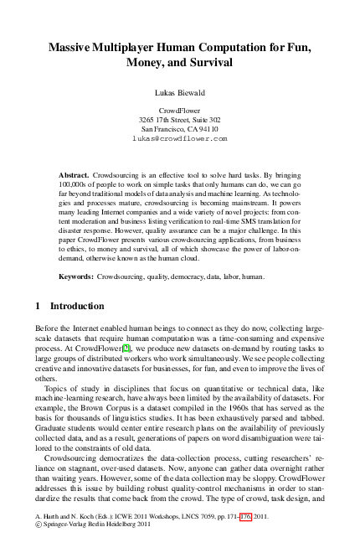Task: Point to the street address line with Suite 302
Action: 180,120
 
